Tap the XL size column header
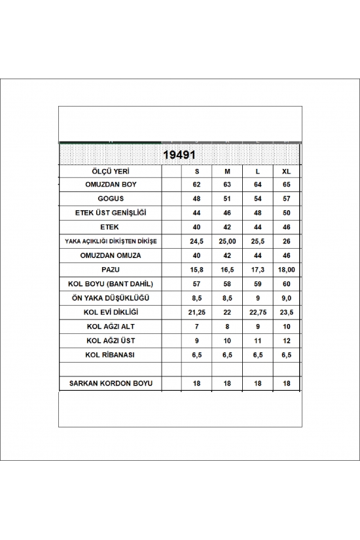tap(285, 171)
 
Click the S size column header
tap(197, 171)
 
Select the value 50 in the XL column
tap(285, 213)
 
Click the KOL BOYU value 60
tap(285, 283)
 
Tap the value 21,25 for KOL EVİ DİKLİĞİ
tap(197, 312)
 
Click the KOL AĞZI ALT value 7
tap(197, 326)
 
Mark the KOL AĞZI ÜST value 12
tap(285, 340)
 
